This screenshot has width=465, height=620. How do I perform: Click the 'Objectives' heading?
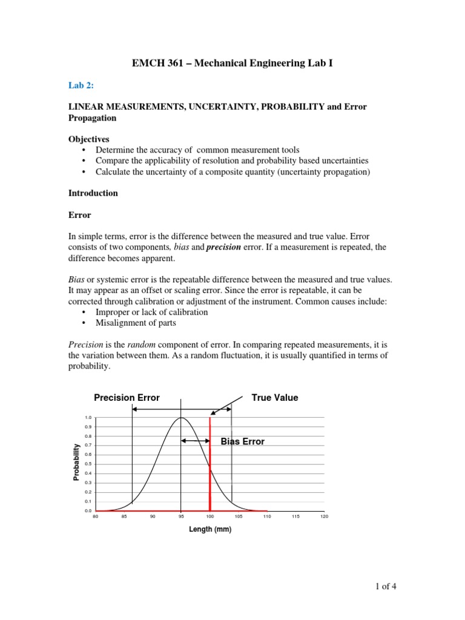point(88,139)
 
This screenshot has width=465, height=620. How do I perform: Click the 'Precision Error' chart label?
point(127,398)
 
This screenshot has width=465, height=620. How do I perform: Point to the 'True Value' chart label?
point(274,398)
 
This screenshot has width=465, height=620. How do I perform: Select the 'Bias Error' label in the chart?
point(242,441)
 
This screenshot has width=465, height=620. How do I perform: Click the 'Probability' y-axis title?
point(76,462)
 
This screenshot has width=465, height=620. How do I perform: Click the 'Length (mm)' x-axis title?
point(209,529)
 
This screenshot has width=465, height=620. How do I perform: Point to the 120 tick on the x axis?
point(324,516)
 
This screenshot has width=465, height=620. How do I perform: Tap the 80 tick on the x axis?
point(95,516)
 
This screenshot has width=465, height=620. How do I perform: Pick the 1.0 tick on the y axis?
point(88,418)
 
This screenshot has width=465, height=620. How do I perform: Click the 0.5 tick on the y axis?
point(88,464)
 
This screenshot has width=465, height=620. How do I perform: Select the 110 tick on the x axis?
point(267,516)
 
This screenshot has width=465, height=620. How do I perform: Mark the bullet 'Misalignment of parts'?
point(136,323)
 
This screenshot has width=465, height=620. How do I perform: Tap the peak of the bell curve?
point(181,418)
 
